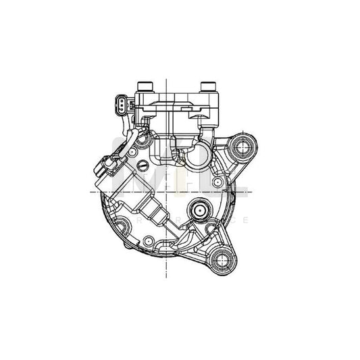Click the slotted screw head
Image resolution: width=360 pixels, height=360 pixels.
(x=143, y=165)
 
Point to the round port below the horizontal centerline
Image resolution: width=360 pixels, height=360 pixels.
(x=200, y=211)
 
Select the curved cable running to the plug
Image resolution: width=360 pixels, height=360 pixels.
(x=127, y=145)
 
